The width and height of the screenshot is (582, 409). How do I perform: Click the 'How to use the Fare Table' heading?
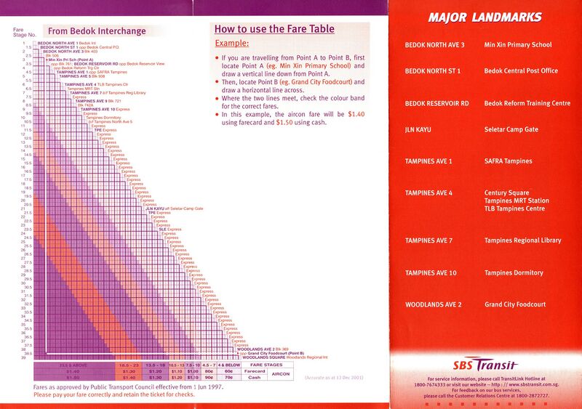tap(274, 30)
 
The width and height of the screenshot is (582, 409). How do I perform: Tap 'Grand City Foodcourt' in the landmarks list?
tap(515, 304)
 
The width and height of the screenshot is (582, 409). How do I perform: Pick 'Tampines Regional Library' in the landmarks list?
tap(522, 240)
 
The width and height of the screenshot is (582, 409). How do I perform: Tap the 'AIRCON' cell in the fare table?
tap(279, 374)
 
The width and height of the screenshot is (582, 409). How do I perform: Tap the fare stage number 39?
tap(23, 358)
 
